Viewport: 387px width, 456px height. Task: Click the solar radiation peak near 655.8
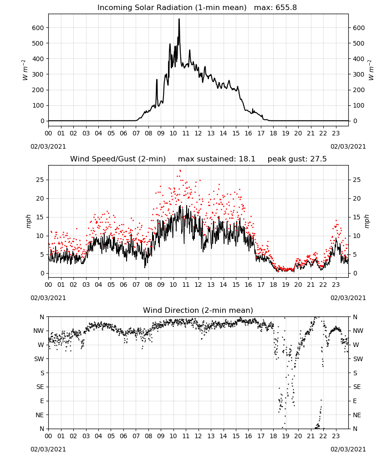point(179,19)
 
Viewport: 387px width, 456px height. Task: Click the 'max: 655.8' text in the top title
point(275,7)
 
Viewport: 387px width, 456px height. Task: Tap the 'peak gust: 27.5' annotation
point(297,159)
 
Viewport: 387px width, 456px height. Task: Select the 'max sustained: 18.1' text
point(217,159)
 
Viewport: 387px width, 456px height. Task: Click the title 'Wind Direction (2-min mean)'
point(198,310)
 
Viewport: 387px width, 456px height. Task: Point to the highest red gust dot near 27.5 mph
point(180,171)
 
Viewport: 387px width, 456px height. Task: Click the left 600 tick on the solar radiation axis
point(38,28)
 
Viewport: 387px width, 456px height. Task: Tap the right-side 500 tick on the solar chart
point(359,43)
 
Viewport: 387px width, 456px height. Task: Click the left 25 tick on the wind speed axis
point(40,180)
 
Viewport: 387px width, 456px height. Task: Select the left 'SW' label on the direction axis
point(39,359)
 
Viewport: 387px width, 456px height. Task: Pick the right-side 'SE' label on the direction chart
point(357,387)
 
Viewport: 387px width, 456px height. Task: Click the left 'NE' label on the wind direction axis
point(40,415)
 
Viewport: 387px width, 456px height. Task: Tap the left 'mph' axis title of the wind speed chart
point(28,221)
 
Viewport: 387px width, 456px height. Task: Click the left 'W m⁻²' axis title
point(25,70)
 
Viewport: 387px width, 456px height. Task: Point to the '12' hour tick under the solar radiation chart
point(198,133)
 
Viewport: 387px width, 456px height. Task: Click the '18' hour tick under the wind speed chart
point(273,285)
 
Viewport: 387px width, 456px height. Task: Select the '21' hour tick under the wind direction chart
point(311,435)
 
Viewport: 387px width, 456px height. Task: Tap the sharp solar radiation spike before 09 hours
point(157,80)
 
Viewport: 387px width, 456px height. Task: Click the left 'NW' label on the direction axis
point(39,331)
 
